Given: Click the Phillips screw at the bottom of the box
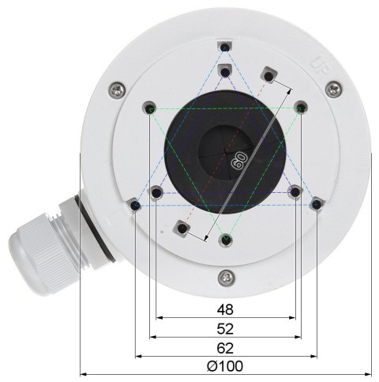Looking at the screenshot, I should click(x=227, y=277).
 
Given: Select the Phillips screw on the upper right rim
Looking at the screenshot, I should click(x=336, y=89).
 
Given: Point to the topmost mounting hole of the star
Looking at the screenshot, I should click(x=227, y=49).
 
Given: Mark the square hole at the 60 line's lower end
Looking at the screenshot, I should click(x=183, y=229).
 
